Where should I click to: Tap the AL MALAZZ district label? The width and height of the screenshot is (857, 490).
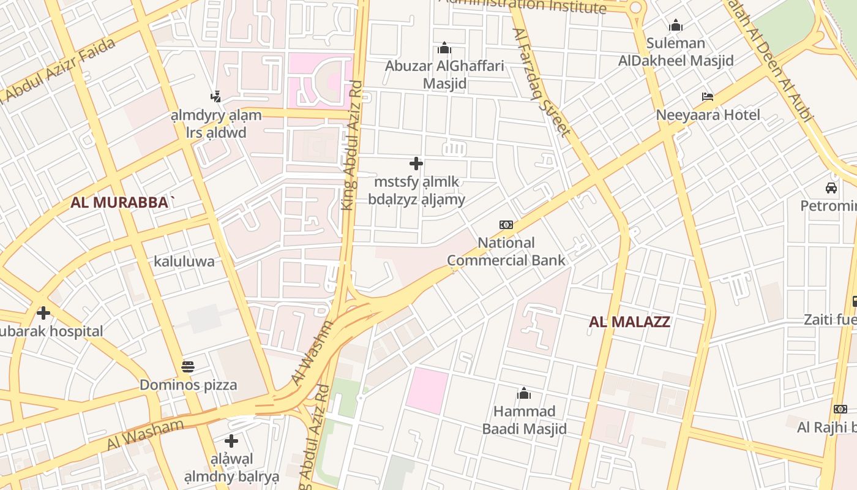click(x=629, y=322)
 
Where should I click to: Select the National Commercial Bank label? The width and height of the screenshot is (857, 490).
click(x=506, y=251)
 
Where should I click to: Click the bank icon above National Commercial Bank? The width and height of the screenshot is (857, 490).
click(x=506, y=225)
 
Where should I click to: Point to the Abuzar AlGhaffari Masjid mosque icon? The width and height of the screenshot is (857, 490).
click(x=444, y=48)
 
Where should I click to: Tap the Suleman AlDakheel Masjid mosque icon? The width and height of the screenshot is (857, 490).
click(x=676, y=25)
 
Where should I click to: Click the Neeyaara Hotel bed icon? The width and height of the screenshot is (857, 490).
click(x=708, y=97)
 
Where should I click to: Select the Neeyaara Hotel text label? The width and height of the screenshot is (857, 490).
click(x=708, y=115)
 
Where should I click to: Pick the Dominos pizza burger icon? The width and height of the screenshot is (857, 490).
click(x=188, y=367)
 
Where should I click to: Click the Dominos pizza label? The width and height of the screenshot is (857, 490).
click(x=188, y=385)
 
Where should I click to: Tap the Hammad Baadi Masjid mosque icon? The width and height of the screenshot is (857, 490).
click(x=524, y=393)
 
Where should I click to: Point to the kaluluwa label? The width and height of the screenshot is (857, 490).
click(x=184, y=262)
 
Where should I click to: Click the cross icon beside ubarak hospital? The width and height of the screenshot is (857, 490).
click(x=43, y=313)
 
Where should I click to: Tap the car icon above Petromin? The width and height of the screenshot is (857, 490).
click(x=831, y=187)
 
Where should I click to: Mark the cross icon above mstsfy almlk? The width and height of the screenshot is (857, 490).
click(x=416, y=164)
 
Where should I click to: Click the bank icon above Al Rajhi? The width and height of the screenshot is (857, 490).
click(x=840, y=409)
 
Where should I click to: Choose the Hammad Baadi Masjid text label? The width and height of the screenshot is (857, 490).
click(x=524, y=420)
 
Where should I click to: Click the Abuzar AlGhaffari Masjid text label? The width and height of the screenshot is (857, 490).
click(x=444, y=74)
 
